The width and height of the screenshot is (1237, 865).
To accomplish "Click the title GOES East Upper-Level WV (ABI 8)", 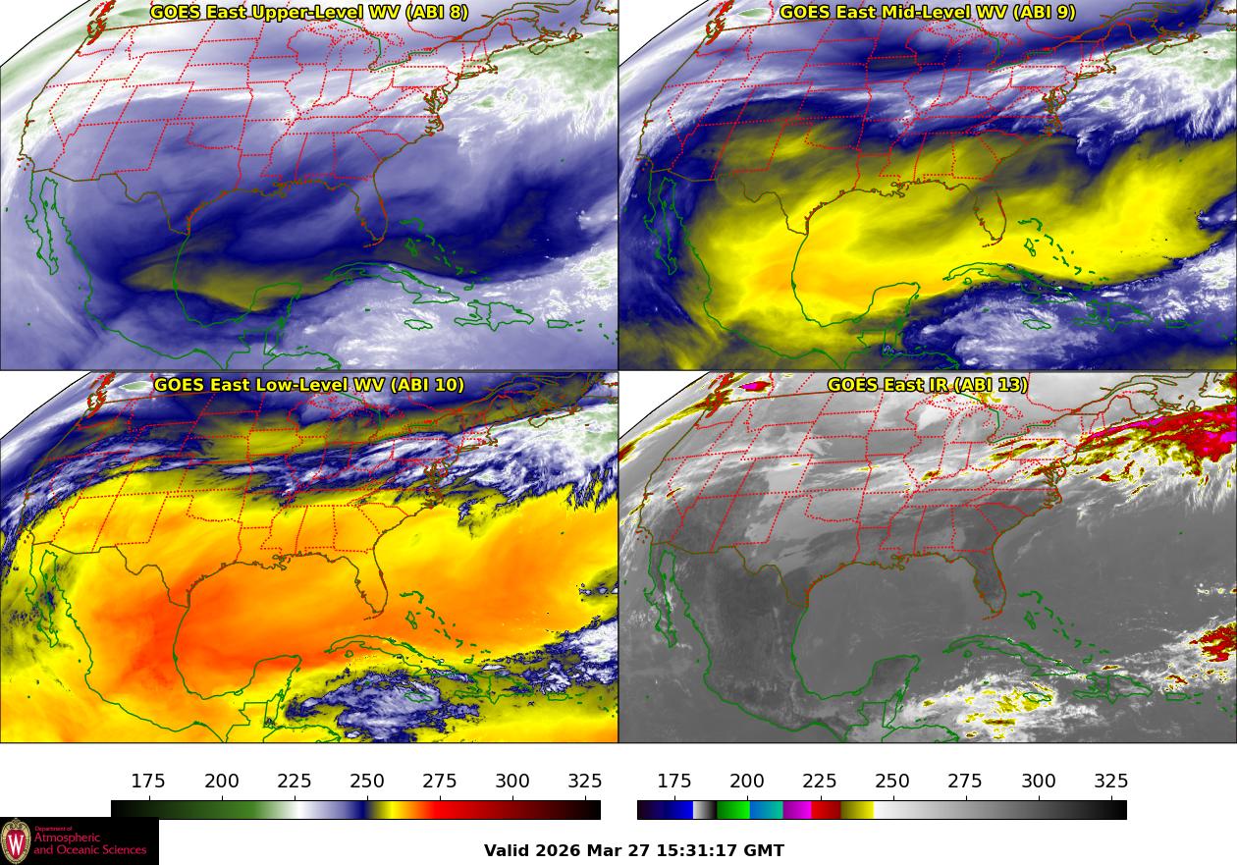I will tap(309, 13).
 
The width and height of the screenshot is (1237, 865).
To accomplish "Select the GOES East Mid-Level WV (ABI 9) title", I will tap(928, 13).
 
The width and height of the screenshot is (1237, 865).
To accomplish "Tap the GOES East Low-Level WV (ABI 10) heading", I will tap(309, 385).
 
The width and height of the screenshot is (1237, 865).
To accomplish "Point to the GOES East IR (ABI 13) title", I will tap(928, 385).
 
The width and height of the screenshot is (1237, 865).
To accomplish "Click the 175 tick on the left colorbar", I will tap(148, 782).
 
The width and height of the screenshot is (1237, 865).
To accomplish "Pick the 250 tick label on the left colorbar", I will tap(367, 782).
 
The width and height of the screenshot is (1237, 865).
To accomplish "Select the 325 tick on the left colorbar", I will tap(585, 782).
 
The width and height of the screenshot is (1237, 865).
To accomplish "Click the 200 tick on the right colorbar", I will tap(747, 782).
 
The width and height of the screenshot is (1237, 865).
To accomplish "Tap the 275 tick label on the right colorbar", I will tap(965, 782).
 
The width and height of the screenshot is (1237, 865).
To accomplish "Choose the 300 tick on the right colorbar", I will tap(1039, 782).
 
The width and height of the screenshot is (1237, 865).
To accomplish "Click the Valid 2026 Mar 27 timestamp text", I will tap(634, 851).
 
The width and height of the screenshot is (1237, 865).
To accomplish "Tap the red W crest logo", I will tap(16, 841).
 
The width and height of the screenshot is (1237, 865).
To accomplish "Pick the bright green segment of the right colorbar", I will tap(731, 810).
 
